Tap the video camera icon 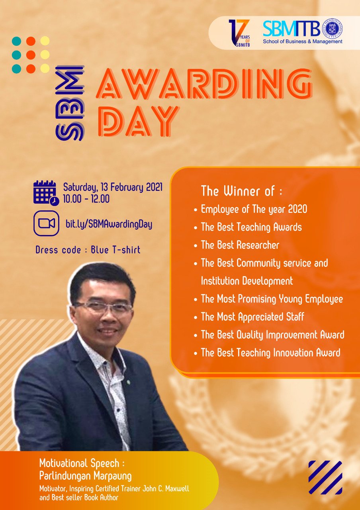47,224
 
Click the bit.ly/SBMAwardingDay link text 109,224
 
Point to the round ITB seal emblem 334,29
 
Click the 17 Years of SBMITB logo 239,33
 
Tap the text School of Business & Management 303,41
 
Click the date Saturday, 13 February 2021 113,188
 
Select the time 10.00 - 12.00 86,199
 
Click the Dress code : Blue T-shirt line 88,250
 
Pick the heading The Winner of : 242,191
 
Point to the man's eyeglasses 104,307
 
